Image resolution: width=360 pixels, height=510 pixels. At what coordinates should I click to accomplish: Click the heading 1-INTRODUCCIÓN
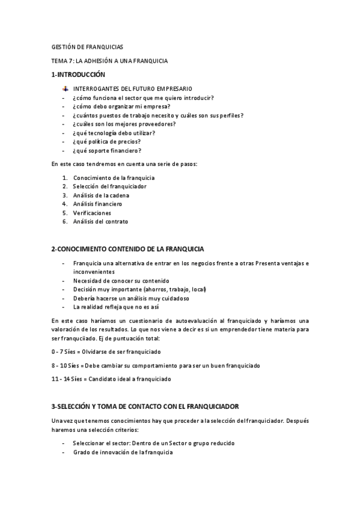(78, 75)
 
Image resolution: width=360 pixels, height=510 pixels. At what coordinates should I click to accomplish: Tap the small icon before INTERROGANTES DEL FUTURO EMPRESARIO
(66, 88)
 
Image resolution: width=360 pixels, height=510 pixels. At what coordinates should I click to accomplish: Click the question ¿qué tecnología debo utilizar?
(114, 133)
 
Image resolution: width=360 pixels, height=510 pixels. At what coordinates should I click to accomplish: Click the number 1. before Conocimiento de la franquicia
(65, 178)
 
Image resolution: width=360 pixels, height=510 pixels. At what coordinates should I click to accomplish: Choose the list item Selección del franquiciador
(109, 186)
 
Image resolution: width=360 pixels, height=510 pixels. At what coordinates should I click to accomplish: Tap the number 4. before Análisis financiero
(65, 204)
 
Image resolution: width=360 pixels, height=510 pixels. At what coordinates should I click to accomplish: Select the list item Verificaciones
(92, 213)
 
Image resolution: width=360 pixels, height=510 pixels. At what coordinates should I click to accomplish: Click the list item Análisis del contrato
(100, 221)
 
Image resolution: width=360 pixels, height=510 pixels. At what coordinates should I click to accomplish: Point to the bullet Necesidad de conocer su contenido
(121, 280)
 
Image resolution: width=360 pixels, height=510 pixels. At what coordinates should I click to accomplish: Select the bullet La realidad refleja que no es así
(115, 307)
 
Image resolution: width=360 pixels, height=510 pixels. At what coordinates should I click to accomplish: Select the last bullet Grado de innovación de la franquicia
(123, 452)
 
